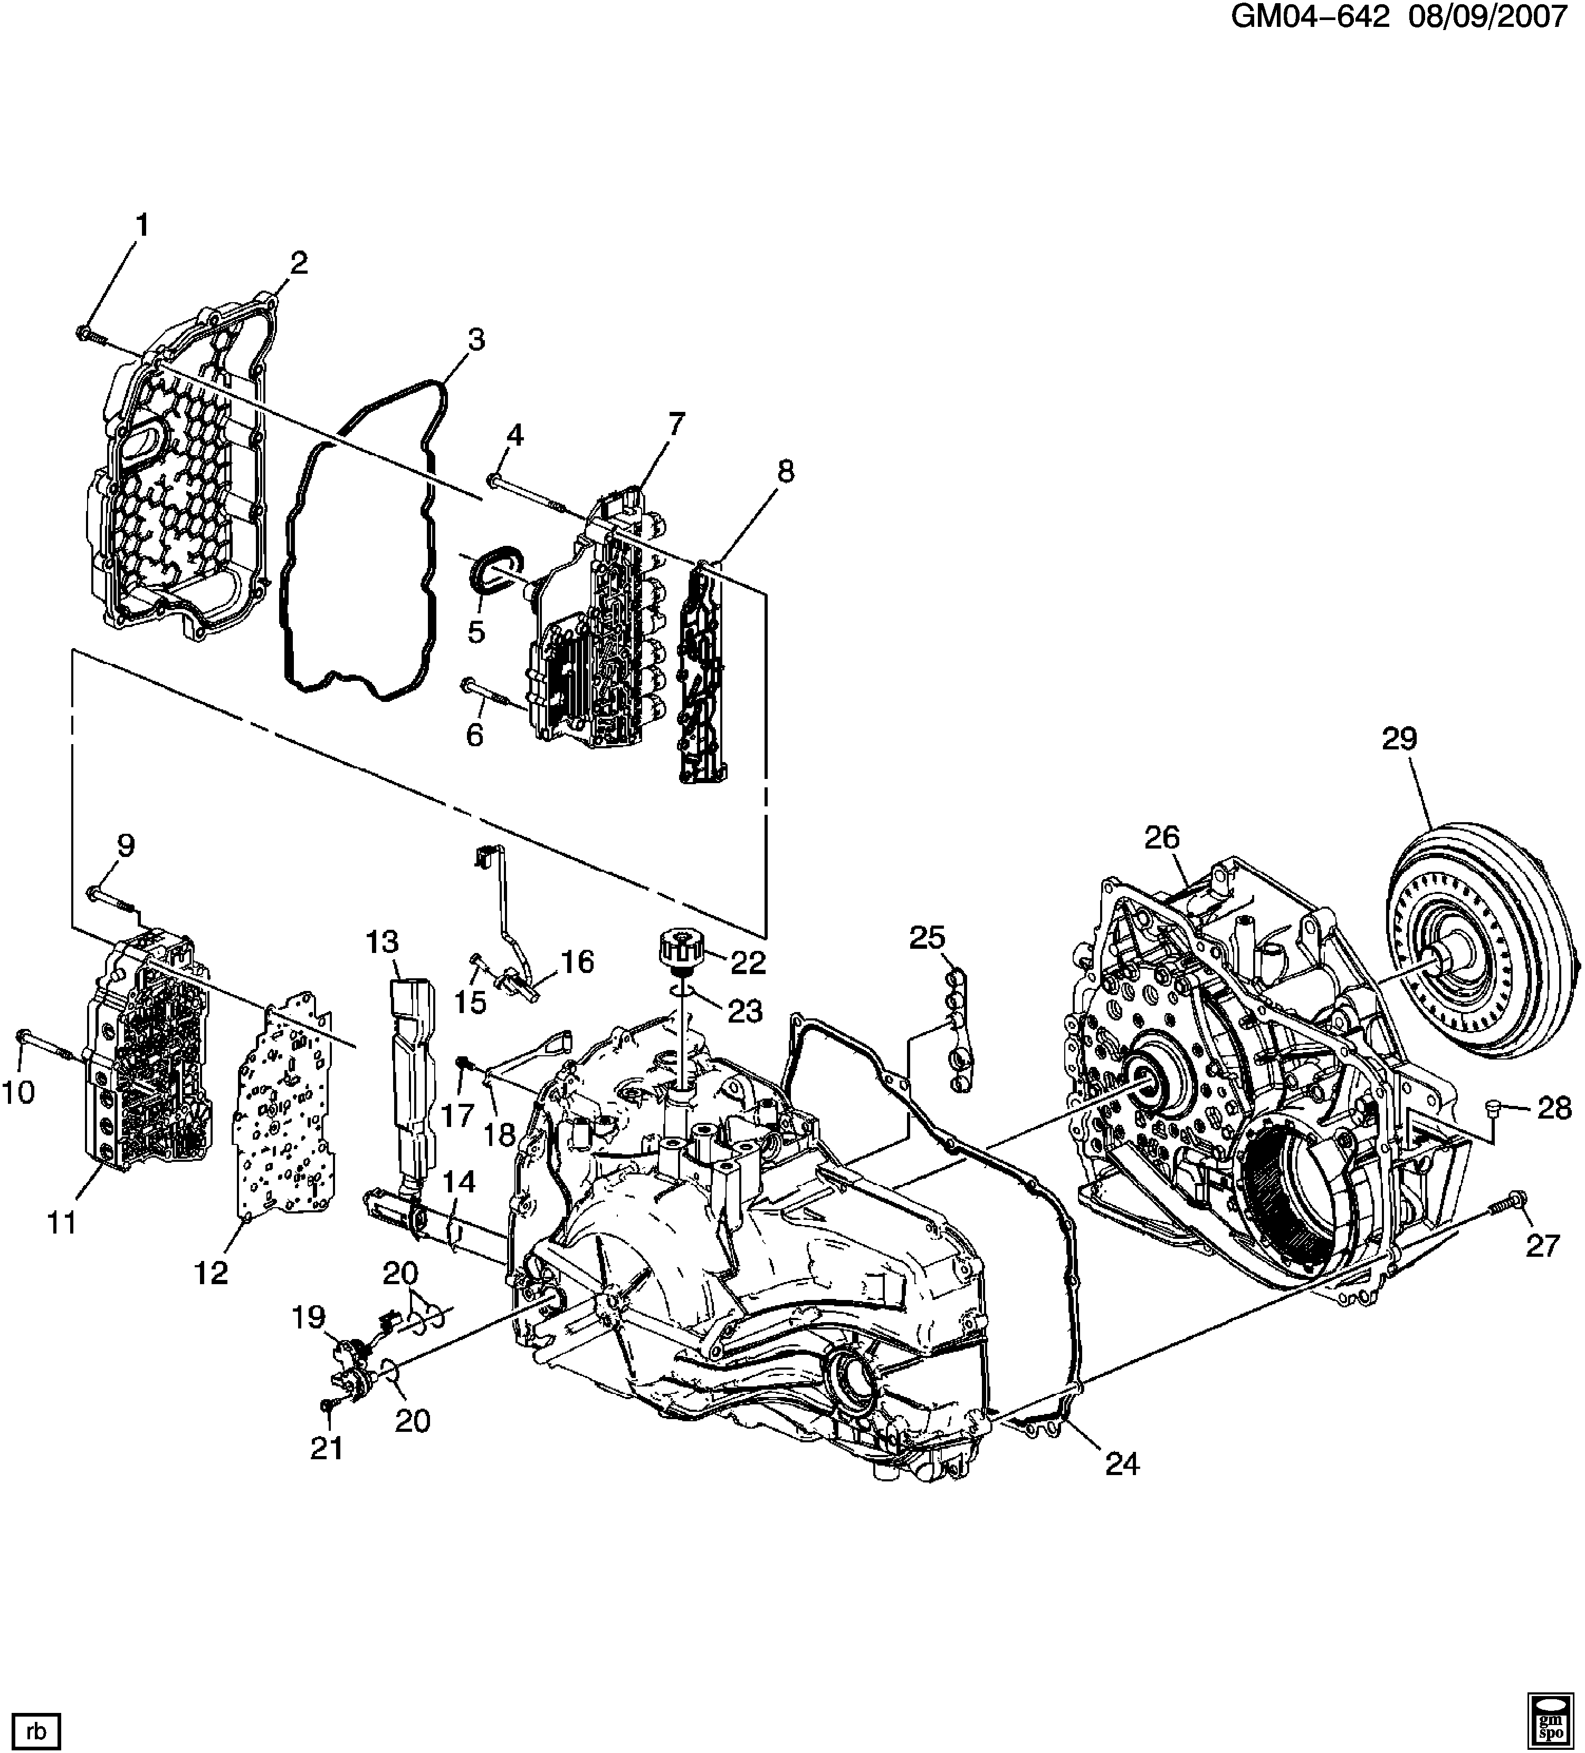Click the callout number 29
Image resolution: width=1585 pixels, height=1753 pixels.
[x=1400, y=739]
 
